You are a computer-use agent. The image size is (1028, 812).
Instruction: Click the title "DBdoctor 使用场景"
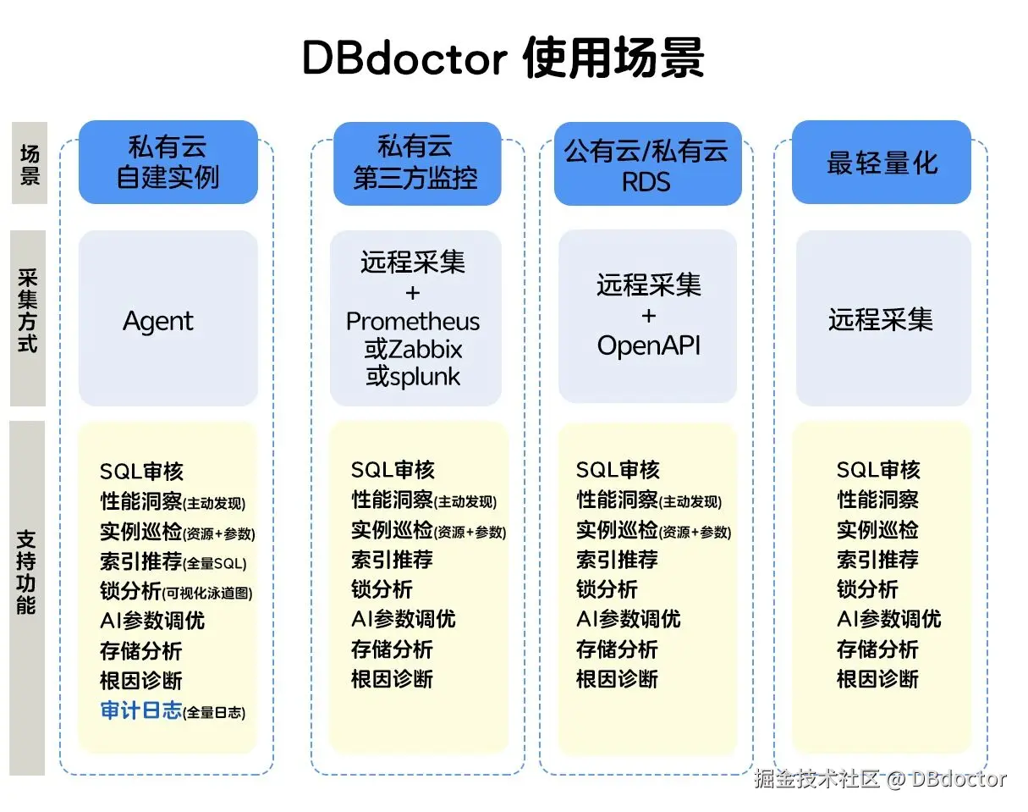[x=503, y=58]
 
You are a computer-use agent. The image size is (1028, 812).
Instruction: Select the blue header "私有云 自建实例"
[x=168, y=162]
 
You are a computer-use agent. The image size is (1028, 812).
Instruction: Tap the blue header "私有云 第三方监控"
[x=415, y=163]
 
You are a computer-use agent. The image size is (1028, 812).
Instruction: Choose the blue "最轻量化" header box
[x=882, y=163]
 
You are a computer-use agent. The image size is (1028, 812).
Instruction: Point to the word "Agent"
[x=158, y=322]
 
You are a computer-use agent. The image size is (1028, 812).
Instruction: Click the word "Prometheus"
[x=413, y=322]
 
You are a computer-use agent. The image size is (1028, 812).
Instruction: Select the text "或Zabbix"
[x=414, y=349]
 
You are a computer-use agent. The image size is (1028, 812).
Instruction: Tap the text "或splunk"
[x=414, y=375]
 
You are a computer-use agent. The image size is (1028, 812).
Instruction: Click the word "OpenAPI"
[x=649, y=345]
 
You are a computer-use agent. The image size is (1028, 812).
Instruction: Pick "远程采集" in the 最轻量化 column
[x=881, y=319]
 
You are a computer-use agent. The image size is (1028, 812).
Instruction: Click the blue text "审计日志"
[x=141, y=710]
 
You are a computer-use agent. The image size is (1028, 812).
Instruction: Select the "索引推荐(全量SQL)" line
[x=173, y=561]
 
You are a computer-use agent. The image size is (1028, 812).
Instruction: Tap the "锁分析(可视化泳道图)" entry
[x=176, y=591]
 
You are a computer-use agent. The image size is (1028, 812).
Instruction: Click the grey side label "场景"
[x=30, y=163]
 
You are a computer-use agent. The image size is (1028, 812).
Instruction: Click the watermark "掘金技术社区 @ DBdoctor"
[x=879, y=779]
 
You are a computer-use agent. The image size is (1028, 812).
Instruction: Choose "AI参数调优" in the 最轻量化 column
[x=888, y=619]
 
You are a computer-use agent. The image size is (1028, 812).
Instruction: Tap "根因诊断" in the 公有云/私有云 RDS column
[x=617, y=679]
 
